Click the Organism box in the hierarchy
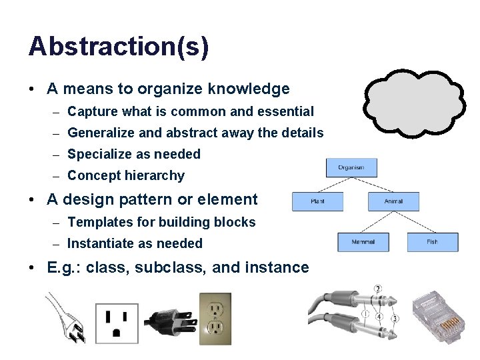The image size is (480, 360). [x=351, y=167]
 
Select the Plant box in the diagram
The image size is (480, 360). [x=317, y=201]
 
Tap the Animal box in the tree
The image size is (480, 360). [x=393, y=201]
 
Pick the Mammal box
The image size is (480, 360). [x=363, y=242]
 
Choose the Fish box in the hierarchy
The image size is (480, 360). [x=432, y=242]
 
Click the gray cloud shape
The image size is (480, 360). [x=414, y=103]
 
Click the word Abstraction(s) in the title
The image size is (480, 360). [x=119, y=47]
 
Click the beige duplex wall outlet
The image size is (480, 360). [x=215, y=319]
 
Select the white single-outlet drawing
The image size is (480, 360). [x=117, y=323]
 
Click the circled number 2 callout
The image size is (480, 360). [x=378, y=289]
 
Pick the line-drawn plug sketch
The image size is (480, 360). [x=67, y=319]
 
